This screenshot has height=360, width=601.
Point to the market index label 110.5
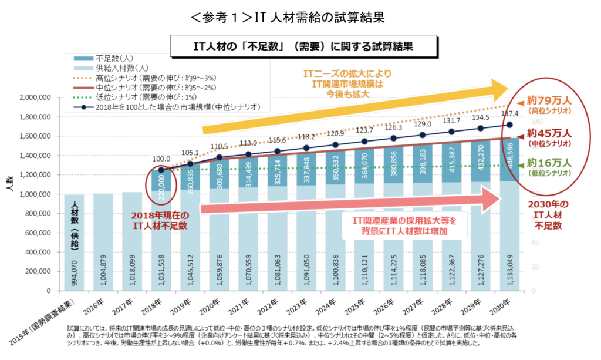(218, 146)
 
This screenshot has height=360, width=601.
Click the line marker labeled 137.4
(509, 125)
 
